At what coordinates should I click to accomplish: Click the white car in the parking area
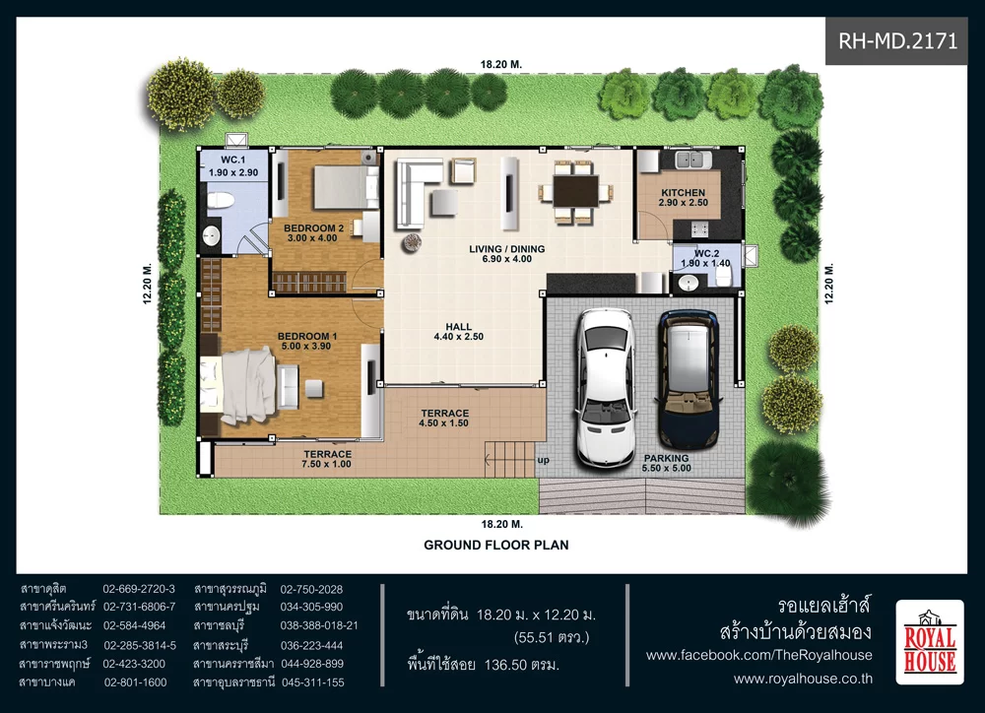[x=606, y=387]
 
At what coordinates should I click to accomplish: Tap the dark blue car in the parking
[x=688, y=379]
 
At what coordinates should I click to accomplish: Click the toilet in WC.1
[x=220, y=200]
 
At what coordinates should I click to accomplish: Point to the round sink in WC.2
[x=688, y=284]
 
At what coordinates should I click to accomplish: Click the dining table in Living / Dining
[x=575, y=191]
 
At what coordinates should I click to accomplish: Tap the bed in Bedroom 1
[x=238, y=386]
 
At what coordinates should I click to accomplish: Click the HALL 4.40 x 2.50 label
[x=459, y=332]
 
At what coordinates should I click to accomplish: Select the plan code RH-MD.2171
[x=897, y=41]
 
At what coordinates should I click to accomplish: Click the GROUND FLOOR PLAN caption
[x=496, y=546]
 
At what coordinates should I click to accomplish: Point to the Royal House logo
[x=929, y=641]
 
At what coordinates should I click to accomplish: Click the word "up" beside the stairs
[x=544, y=460]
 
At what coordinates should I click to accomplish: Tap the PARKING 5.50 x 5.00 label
[x=667, y=463]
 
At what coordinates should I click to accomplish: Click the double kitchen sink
[x=692, y=161]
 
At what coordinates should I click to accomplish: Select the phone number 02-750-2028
[x=311, y=589]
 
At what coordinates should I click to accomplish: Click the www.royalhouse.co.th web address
[x=803, y=679]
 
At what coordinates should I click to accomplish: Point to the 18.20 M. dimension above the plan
[x=501, y=64]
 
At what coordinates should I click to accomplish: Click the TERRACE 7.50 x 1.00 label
[x=327, y=459]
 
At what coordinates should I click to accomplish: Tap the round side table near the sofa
[x=412, y=242]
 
